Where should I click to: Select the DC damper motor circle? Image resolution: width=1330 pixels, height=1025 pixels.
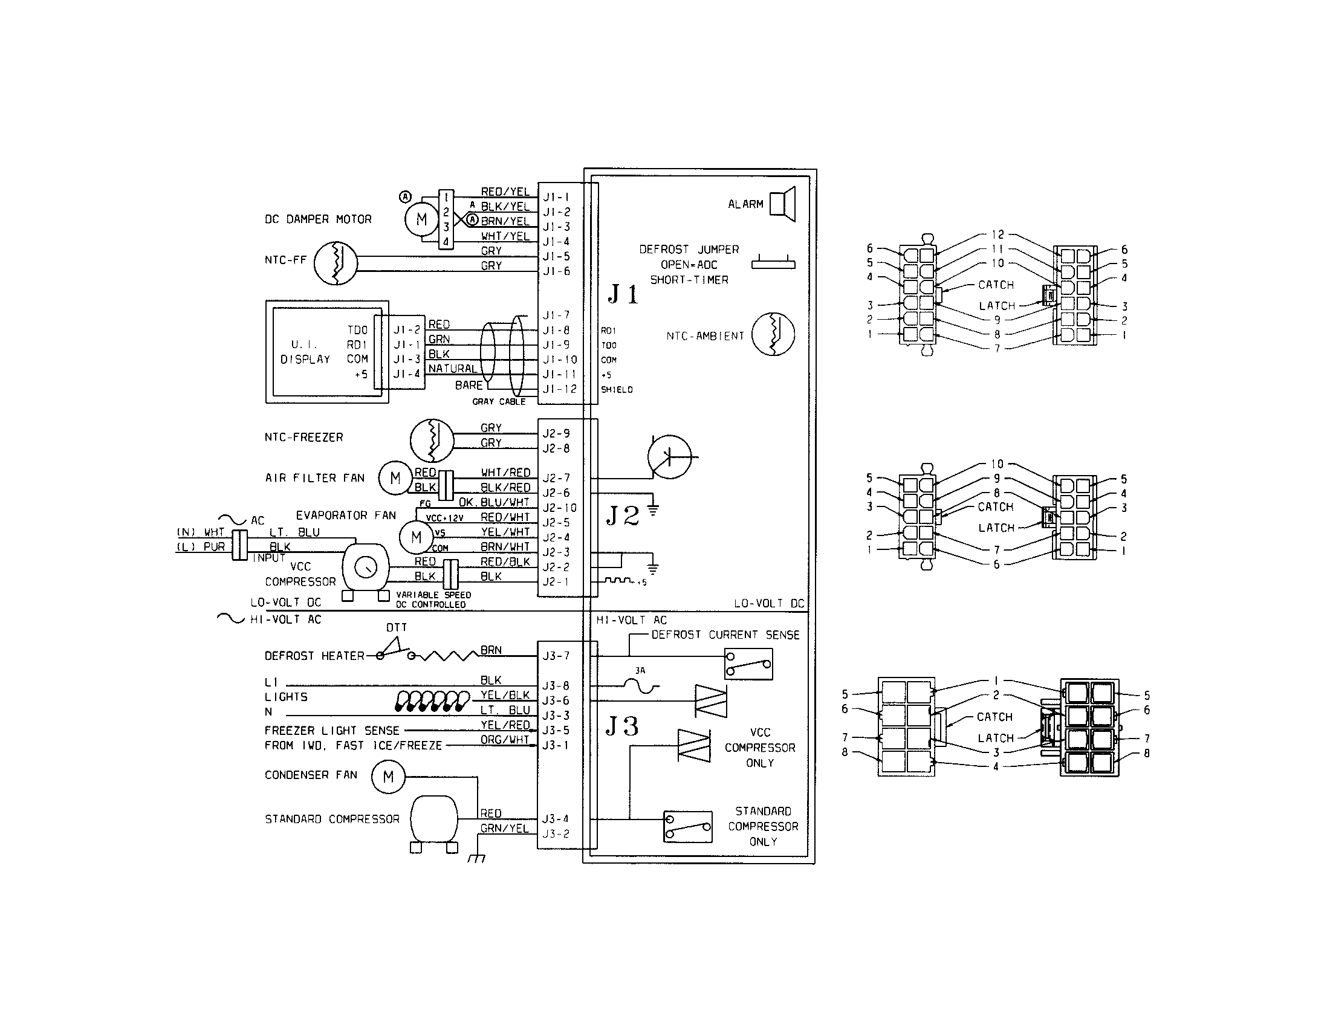[421, 219]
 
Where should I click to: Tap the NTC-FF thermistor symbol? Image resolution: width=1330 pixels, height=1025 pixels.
[336, 263]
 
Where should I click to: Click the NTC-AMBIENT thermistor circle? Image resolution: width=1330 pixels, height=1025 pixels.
[773, 334]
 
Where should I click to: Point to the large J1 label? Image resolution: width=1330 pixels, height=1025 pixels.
[623, 294]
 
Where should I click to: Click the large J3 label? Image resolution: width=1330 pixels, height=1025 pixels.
[622, 726]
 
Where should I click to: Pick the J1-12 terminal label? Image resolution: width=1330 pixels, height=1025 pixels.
[559, 389]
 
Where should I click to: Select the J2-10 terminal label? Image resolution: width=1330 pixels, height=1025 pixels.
[559, 508]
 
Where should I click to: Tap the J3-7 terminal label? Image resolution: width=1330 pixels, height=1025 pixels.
[556, 656]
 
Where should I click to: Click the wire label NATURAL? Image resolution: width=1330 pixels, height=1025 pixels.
[453, 369]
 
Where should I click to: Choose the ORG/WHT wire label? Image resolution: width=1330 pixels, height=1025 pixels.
[505, 740]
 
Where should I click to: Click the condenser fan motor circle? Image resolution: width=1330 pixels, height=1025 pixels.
[388, 777]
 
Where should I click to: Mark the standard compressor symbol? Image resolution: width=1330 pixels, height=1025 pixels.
[433, 820]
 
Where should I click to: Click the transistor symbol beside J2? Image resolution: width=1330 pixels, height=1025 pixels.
[669, 456]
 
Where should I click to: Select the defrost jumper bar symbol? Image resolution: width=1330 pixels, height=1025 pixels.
[773, 264]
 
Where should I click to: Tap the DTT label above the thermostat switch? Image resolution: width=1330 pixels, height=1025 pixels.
[397, 627]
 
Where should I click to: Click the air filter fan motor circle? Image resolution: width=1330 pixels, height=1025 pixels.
[395, 478]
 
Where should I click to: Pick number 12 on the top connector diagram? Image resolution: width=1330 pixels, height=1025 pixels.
[997, 234]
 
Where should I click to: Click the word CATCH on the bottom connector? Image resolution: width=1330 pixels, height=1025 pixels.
[994, 717]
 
